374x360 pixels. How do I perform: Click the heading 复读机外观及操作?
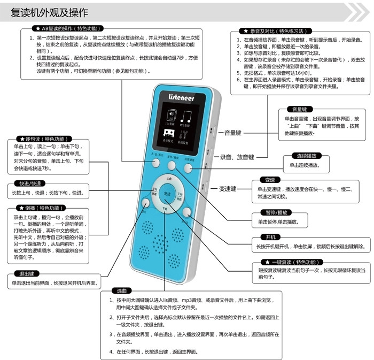(50, 12)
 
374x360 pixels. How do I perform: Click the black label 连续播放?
(306, 156)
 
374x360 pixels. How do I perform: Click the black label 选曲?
(120, 291)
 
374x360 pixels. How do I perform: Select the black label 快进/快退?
(30, 183)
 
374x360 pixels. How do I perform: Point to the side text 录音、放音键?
(237, 157)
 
